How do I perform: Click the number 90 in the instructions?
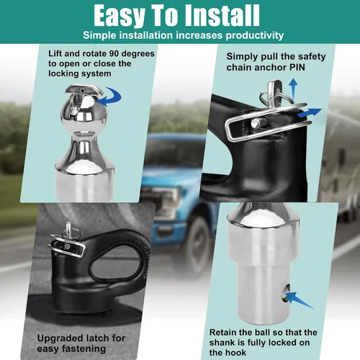[x=114, y=53]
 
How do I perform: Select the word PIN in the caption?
[x=297, y=68]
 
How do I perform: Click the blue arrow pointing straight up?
[x=293, y=89]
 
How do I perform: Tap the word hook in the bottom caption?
[x=237, y=353]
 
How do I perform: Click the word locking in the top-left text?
[x=64, y=73]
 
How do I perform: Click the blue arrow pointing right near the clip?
[x=310, y=113]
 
